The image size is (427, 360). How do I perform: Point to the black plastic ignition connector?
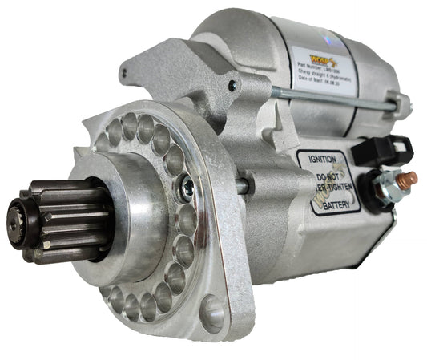390,149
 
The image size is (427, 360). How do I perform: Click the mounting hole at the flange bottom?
212,313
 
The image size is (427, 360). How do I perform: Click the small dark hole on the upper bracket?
232,86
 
